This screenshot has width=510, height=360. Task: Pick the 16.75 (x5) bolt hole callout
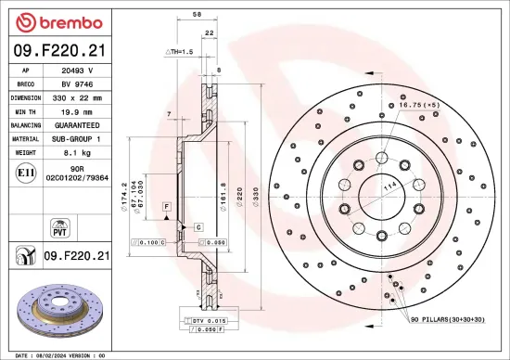coord(416,106)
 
